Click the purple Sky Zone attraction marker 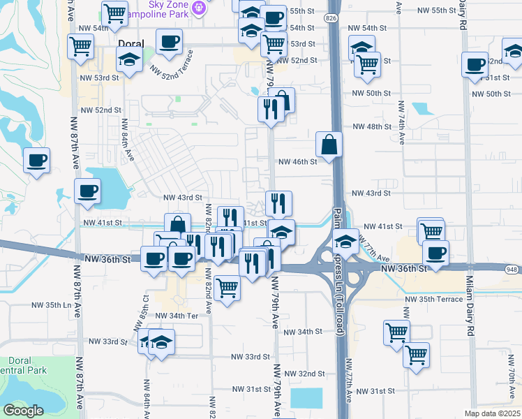click(x=200, y=7)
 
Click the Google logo click(x=22, y=411)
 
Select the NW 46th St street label click(x=298, y=161)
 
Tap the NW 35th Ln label click(x=54, y=305)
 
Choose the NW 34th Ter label click(x=174, y=316)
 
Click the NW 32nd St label click(x=307, y=374)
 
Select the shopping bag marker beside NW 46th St click(x=329, y=145)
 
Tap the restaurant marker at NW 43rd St click(x=278, y=203)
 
